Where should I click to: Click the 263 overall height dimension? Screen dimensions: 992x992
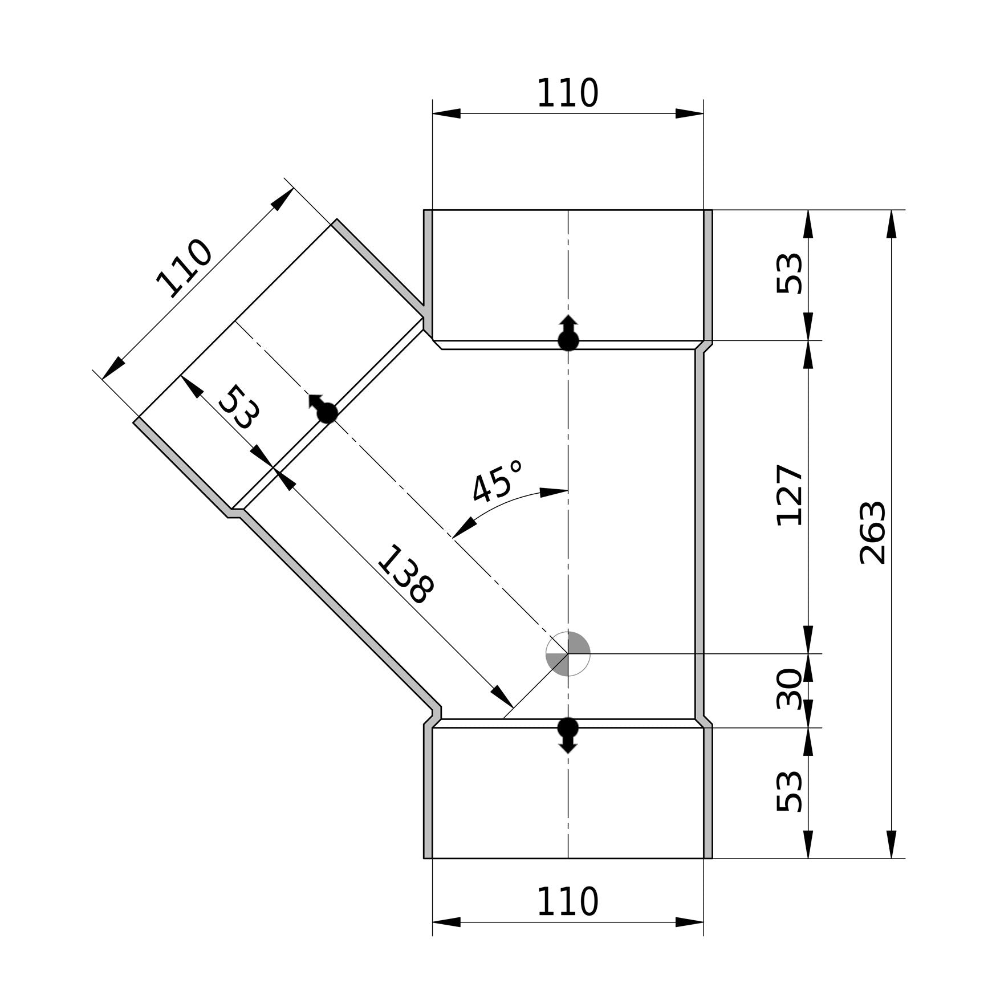tap(873, 533)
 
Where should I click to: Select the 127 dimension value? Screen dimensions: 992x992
tap(790, 495)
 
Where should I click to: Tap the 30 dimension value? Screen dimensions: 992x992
tap(790, 689)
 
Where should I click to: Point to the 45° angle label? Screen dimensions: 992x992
tap(498, 482)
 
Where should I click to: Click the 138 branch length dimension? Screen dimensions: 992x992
tap(406, 574)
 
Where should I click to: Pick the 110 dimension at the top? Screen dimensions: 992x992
tap(568, 93)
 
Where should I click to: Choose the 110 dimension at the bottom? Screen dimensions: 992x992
tap(568, 901)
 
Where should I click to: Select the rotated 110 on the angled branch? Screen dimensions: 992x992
tap(184, 269)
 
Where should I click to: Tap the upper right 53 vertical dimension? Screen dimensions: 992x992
tap(790, 274)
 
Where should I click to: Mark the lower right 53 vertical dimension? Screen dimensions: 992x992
tap(790, 791)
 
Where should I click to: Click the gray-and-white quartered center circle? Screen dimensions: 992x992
tap(568, 654)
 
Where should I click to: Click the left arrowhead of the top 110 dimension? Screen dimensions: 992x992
tap(446, 113)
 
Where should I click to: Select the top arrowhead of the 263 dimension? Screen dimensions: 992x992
tap(892, 224)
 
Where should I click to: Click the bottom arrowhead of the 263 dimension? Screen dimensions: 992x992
tap(892, 844)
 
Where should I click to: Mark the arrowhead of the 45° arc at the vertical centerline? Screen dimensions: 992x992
tap(554, 491)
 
